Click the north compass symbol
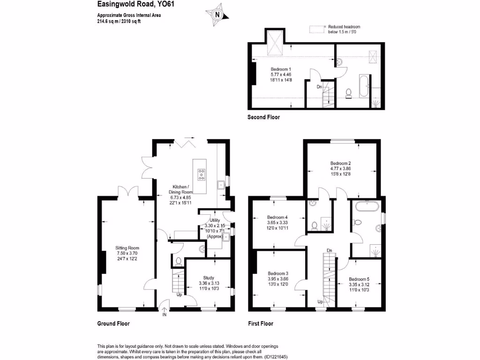tap(217, 15)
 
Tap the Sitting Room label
tap(127, 248)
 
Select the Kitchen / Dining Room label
tap(180, 192)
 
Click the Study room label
tap(209, 277)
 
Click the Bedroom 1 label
tap(281, 69)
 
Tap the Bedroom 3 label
tap(277, 273)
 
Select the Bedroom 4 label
tap(277, 217)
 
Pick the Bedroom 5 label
tap(360, 278)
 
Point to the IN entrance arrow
tap(164, 309)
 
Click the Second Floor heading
tap(263, 117)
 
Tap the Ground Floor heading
tap(113, 323)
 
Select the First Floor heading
tap(260, 323)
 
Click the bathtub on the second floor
tap(364, 86)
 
